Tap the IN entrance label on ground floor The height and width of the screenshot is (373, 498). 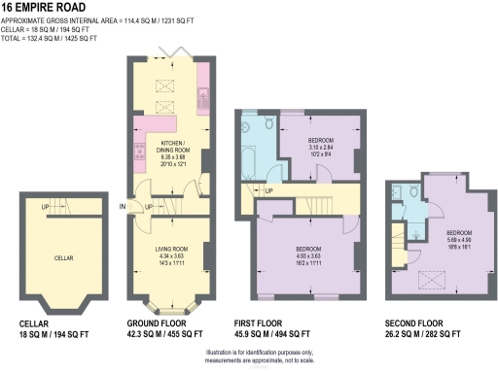coord(123,206)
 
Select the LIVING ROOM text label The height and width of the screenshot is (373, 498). coord(169,249)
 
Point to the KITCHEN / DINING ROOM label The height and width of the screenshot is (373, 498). coord(174,146)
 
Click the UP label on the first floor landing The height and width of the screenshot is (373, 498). coord(268,191)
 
